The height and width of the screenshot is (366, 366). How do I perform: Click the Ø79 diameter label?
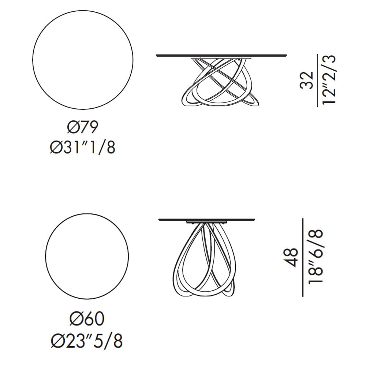(x=83, y=127)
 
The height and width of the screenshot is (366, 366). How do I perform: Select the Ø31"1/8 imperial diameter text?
(x=83, y=148)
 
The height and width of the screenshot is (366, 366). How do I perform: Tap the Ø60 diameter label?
(x=87, y=319)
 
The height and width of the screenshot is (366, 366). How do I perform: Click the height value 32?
(x=306, y=80)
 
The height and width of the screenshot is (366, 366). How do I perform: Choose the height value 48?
(x=291, y=257)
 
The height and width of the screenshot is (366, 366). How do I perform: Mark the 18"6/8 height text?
(x=315, y=256)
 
